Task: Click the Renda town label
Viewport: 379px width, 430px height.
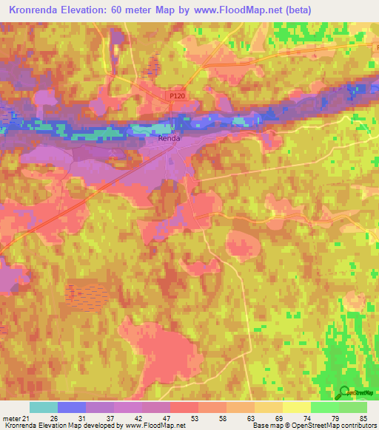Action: [x=169, y=138]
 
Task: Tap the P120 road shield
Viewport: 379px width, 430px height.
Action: [x=176, y=95]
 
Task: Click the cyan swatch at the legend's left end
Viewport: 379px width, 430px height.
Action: [x=43, y=407]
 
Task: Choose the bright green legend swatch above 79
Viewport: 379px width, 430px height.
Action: [x=324, y=407]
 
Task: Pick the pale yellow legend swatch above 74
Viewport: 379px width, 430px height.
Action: [x=296, y=407]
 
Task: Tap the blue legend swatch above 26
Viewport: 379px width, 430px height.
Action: [x=71, y=407]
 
